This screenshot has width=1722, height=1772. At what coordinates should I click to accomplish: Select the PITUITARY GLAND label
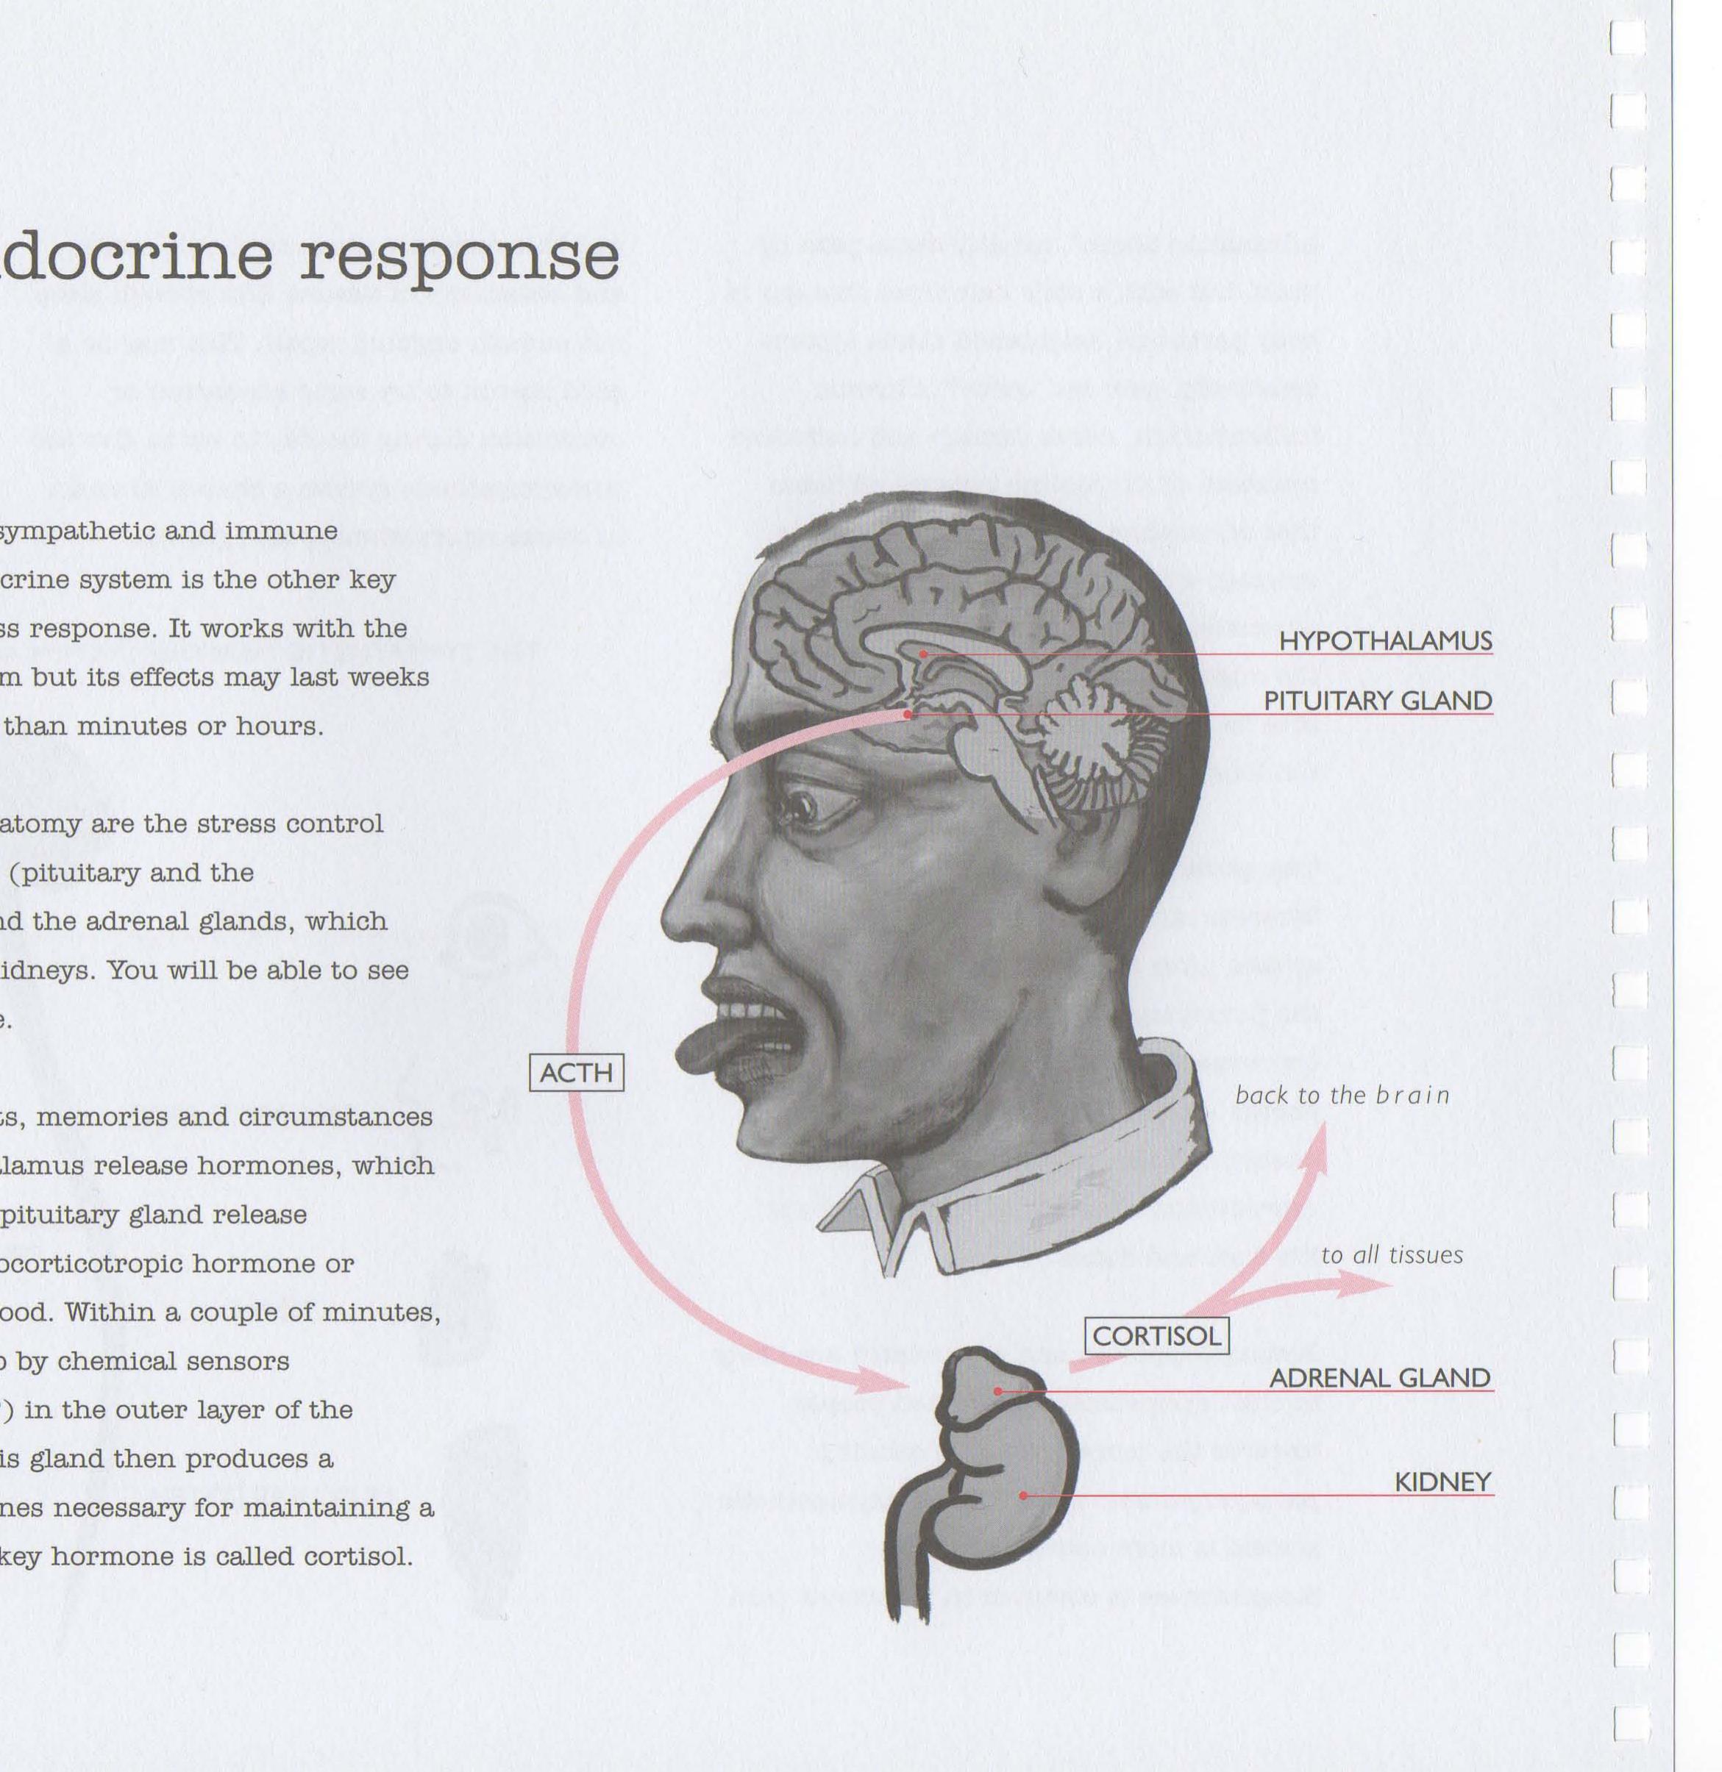1378,701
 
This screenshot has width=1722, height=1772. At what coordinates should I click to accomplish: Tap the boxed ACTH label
576,1073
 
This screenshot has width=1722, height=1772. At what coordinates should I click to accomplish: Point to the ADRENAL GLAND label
1380,1378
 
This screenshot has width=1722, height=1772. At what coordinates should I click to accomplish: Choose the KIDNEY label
1442,1482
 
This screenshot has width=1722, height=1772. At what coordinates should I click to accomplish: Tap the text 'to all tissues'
1391,1255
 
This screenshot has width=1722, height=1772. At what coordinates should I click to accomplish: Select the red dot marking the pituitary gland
907,714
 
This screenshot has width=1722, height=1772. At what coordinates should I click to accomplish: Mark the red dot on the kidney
1023,1496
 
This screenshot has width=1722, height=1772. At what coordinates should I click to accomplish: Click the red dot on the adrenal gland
997,1390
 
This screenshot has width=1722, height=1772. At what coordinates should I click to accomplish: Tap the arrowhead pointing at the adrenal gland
886,1382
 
